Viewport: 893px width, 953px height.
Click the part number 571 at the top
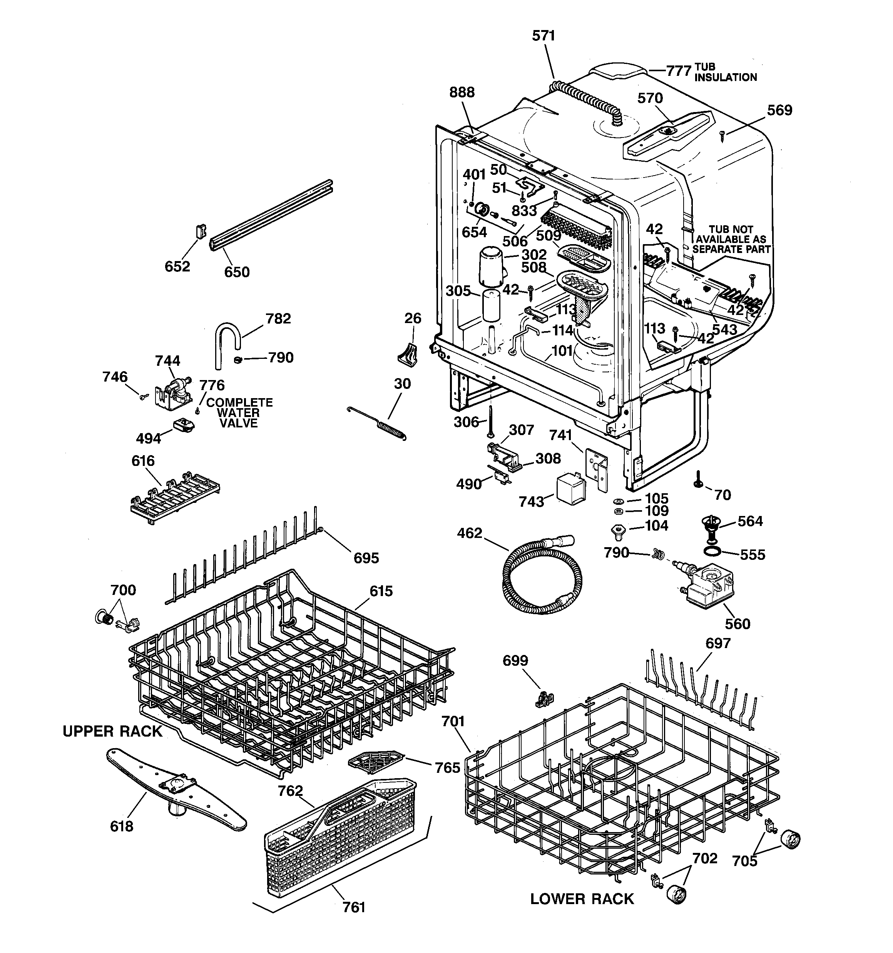[543, 36]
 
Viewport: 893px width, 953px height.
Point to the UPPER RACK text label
[113, 732]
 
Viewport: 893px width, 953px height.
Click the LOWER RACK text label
[582, 899]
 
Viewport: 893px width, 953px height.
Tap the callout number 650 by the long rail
[237, 272]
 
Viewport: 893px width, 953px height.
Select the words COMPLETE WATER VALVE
[239, 413]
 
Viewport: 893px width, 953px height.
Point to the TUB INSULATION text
[725, 72]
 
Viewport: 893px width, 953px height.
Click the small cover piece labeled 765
[377, 762]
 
